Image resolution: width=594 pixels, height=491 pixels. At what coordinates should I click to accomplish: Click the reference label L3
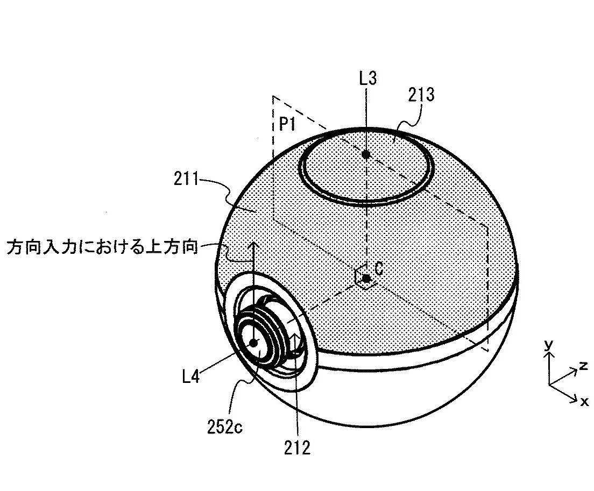(368, 79)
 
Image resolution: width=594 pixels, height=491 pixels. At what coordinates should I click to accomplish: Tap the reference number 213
(421, 95)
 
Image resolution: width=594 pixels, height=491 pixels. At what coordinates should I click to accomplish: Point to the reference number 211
(186, 179)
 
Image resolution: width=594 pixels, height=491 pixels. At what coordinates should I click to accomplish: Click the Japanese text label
(102, 247)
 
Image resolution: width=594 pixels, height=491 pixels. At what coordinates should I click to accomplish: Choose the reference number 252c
(225, 427)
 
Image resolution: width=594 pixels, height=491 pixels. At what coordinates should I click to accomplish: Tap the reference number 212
(298, 448)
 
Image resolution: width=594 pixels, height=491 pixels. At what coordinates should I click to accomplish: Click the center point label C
(378, 269)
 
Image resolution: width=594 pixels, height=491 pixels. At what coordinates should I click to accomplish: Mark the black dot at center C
(366, 279)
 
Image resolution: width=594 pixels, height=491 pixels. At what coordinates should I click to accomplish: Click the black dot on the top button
(365, 154)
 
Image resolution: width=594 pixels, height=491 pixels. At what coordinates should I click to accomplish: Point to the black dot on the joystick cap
(253, 343)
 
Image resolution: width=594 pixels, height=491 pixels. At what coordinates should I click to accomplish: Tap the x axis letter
(584, 401)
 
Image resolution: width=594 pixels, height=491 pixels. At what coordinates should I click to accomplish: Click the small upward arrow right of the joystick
(295, 342)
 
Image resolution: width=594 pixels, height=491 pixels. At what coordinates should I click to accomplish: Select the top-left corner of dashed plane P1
(273, 96)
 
